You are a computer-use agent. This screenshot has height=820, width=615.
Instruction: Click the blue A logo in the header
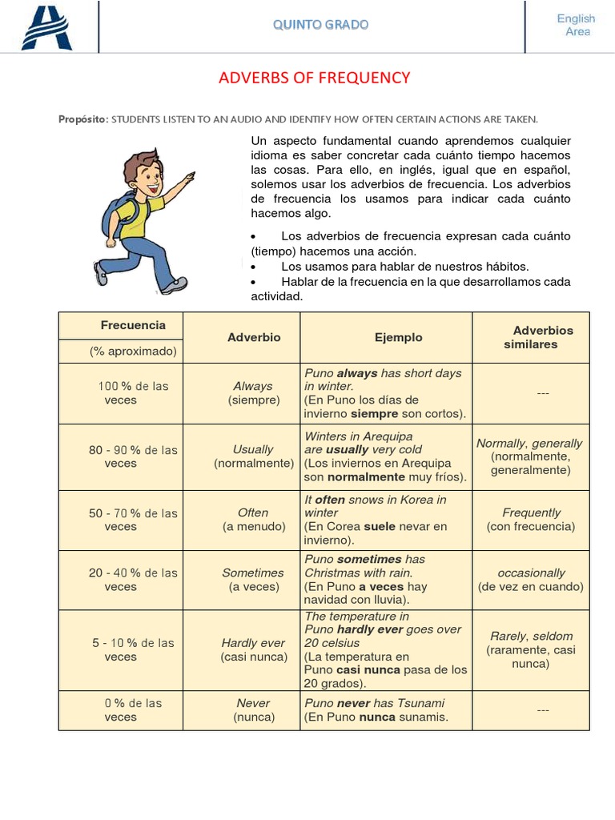pyautogui.click(x=46, y=26)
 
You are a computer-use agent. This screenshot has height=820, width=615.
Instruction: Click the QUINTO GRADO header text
pyautogui.click(x=320, y=25)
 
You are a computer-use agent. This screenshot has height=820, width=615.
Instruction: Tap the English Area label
pyautogui.click(x=576, y=25)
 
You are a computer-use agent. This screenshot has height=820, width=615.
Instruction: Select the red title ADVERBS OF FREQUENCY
pyautogui.click(x=314, y=78)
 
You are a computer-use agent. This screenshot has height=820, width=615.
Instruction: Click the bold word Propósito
pyautogui.click(x=82, y=119)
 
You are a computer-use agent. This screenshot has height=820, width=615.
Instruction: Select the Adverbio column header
pyautogui.click(x=254, y=337)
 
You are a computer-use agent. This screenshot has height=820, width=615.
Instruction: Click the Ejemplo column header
pyautogui.click(x=398, y=337)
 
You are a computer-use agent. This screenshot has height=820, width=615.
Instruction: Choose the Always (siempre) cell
pyautogui.click(x=253, y=393)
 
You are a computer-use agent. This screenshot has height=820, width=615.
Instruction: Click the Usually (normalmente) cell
pyautogui.click(x=253, y=456)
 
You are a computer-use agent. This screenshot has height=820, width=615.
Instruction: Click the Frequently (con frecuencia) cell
pyautogui.click(x=531, y=520)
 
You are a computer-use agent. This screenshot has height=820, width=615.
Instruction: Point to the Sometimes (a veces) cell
pyautogui.click(x=253, y=580)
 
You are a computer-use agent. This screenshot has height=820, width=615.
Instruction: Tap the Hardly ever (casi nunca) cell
pyautogui.click(x=253, y=649)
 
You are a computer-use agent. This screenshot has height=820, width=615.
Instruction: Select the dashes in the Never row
pyautogui.click(x=543, y=710)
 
